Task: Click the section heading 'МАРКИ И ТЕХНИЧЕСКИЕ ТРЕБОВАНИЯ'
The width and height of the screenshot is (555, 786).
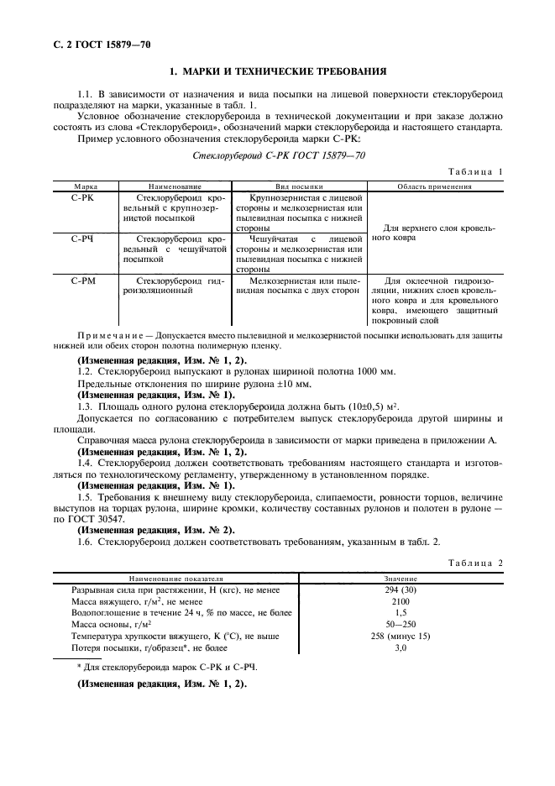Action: (x=278, y=73)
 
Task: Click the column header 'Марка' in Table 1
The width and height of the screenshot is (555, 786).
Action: (x=86, y=186)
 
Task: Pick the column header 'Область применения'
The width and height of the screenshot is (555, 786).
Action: (x=433, y=186)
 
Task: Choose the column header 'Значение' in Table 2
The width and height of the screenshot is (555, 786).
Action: (x=400, y=579)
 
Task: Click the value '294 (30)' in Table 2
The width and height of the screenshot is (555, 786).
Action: (x=400, y=590)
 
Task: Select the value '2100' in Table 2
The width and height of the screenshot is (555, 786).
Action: (x=400, y=602)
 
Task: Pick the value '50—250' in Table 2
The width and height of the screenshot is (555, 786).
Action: (x=400, y=625)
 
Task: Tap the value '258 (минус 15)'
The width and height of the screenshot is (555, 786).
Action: (x=400, y=637)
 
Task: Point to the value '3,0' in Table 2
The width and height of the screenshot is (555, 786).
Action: (x=400, y=647)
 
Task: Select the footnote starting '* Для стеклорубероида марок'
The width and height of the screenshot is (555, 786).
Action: (x=167, y=667)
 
